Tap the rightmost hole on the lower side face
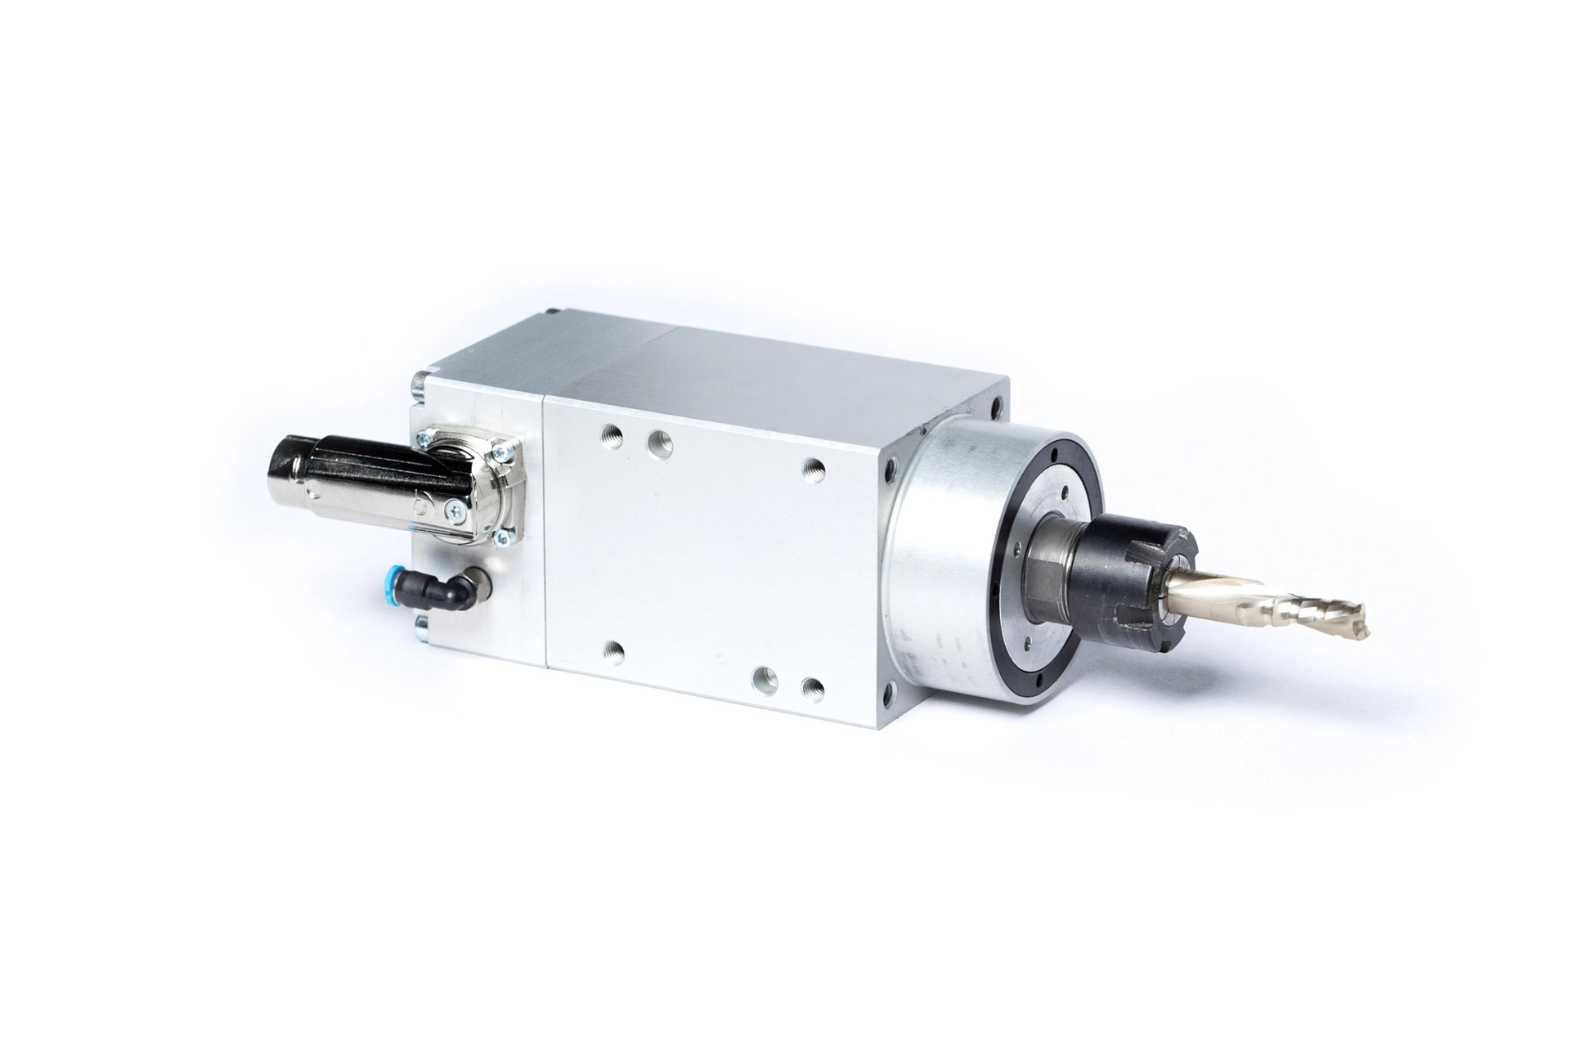coord(811,684)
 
